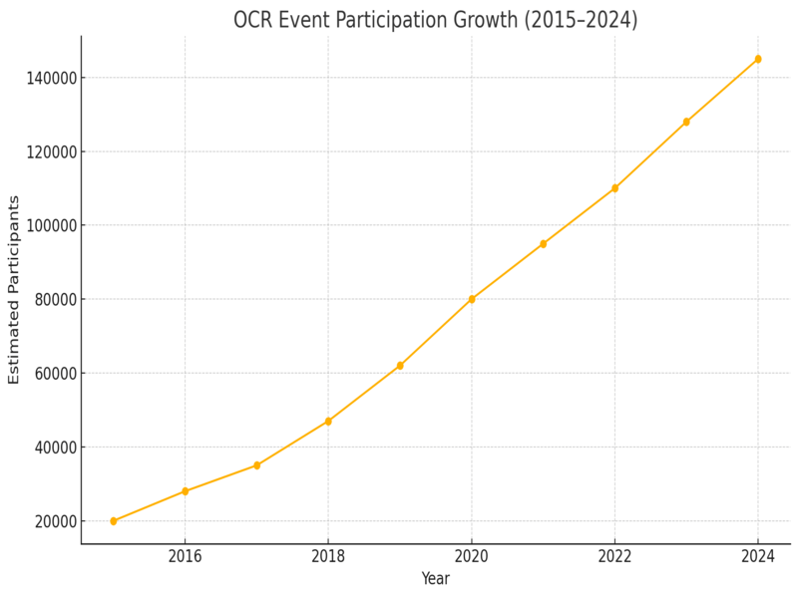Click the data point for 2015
click(114, 521)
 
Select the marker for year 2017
click(256, 465)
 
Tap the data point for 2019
click(400, 366)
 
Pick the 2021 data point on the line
click(544, 244)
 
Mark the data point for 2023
click(686, 122)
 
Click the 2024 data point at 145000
click(758, 59)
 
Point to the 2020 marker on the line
click(472, 299)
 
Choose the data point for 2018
click(328, 422)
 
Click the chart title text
click(435, 20)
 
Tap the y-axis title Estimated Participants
click(14, 289)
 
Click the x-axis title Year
click(435, 578)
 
